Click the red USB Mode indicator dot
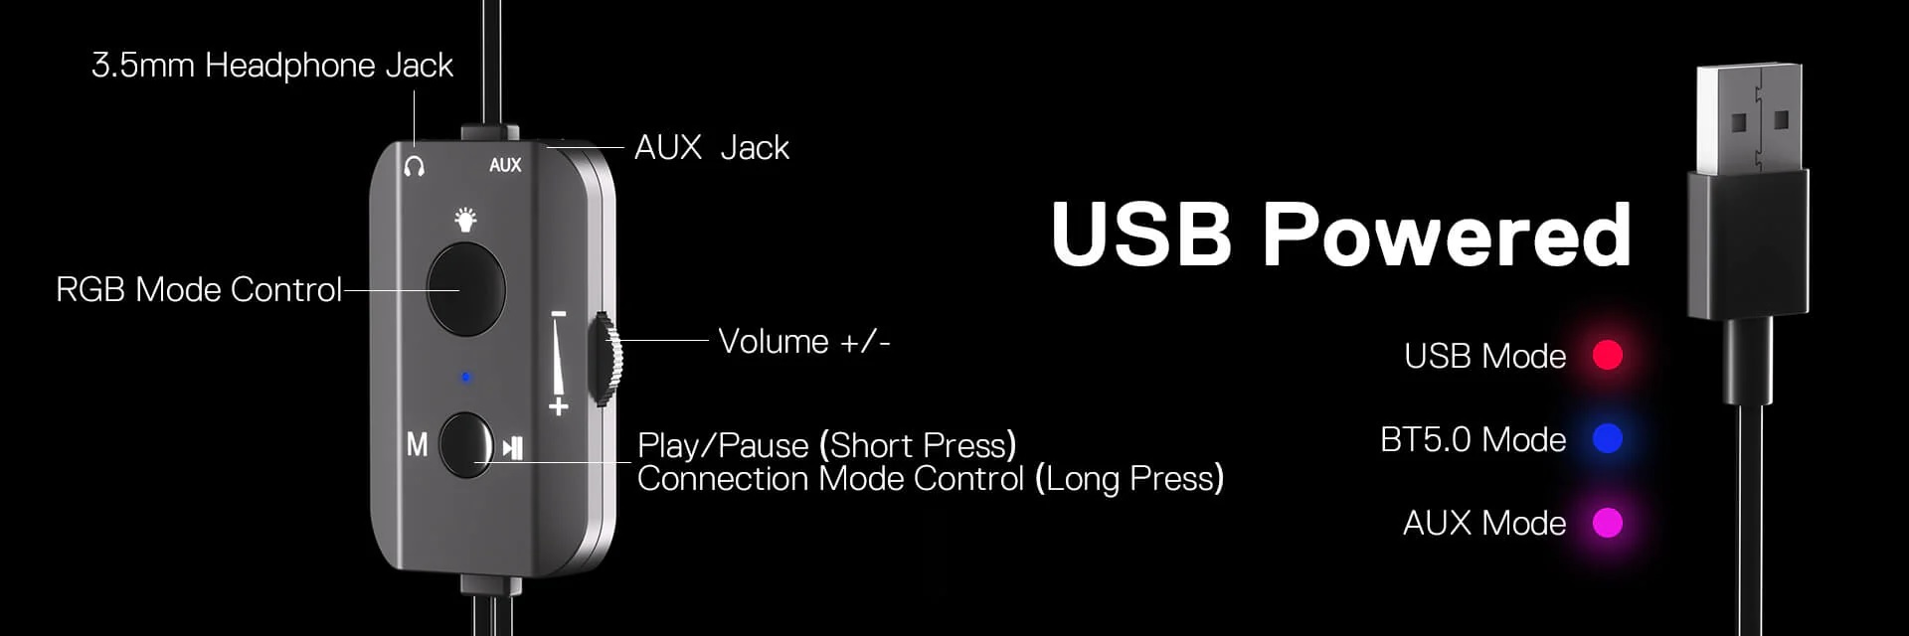click(x=1607, y=355)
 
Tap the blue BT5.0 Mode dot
click(x=1607, y=438)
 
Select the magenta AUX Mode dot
click(x=1607, y=522)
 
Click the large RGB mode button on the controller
click(x=465, y=288)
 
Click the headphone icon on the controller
click(x=415, y=165)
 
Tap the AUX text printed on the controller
click(x=505, y=165)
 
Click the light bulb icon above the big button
click(x=465, y=219)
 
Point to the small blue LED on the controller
click(x=465, y=378)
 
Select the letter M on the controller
click(x=417, y=444)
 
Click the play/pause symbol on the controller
click(x=512, y=447)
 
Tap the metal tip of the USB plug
click(x=1748, y=119)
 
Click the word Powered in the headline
click(x=1447, y=235)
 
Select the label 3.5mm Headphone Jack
click(x=271, y=66)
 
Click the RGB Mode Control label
click(x=199, y=289)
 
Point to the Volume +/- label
click(x=803, y=341)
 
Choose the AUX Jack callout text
click(x=711, y=147)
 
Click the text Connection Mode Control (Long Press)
click(x=930, y=479)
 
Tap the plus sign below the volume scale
click(x=559, y=405)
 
